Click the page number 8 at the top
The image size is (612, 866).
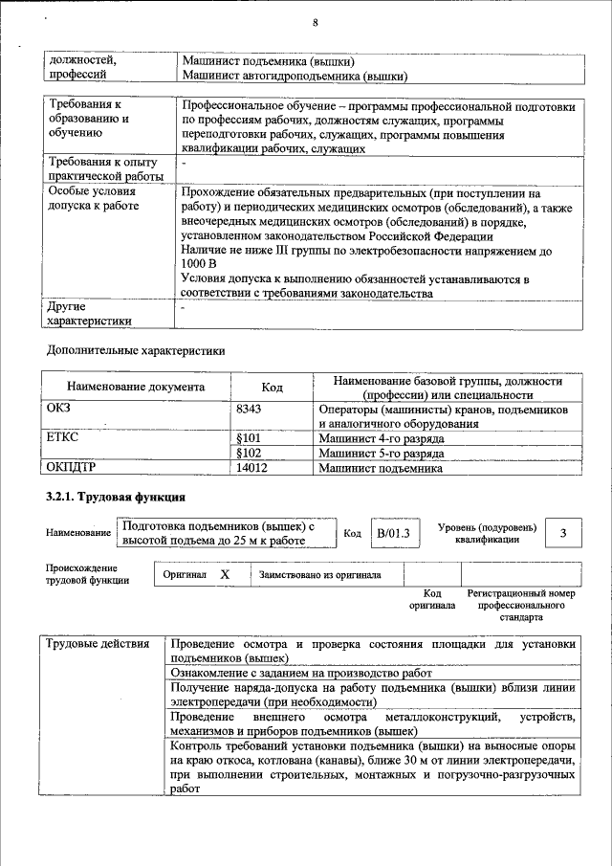click(315, 22)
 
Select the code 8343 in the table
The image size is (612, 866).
click(249, 409)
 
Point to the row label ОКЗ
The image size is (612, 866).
click(59, 409)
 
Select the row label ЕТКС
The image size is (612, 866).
click(62, 438)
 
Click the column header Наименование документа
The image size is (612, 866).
click(136, 388)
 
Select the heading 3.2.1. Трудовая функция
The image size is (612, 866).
click(115, 499)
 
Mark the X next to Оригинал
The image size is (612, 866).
click(225, 575)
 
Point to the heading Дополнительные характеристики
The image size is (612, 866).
click(136, 351)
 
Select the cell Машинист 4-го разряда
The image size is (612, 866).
click(382, 438)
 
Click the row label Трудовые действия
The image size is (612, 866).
click(98, 643)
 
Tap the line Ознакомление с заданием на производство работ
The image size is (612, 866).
click(308, 673)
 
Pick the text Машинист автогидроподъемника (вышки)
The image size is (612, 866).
click(295, 75)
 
